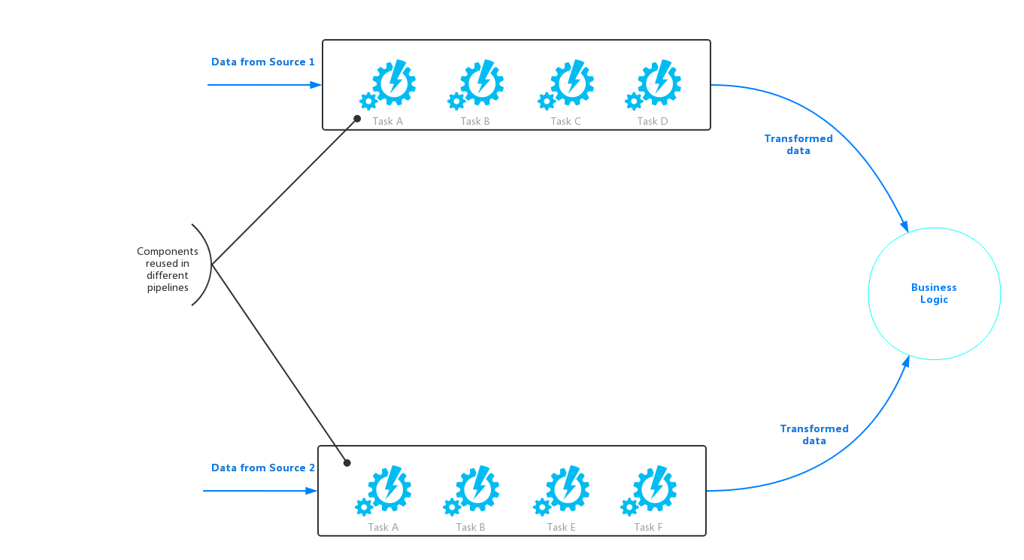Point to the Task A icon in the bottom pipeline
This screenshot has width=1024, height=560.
pos(386,490)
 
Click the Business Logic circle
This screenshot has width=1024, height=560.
pos(934,293)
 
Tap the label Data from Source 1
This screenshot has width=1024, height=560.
pos(263,62)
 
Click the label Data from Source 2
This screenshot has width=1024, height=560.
pos(263,468)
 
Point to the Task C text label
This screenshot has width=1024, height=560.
pos(565,121)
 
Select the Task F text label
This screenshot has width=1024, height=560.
pos(648,527)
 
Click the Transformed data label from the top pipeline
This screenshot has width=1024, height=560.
pos(798,144)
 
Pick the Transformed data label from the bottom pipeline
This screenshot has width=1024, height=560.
pos(814,434)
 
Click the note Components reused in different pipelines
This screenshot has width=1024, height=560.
pos(168,269)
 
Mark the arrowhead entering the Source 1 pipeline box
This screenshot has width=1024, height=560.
pos(316,85)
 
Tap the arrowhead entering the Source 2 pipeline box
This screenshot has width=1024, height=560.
pos(311,491)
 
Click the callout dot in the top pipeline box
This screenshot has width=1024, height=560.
pos(358,118)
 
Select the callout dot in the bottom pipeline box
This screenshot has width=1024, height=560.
pos(347,463)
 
